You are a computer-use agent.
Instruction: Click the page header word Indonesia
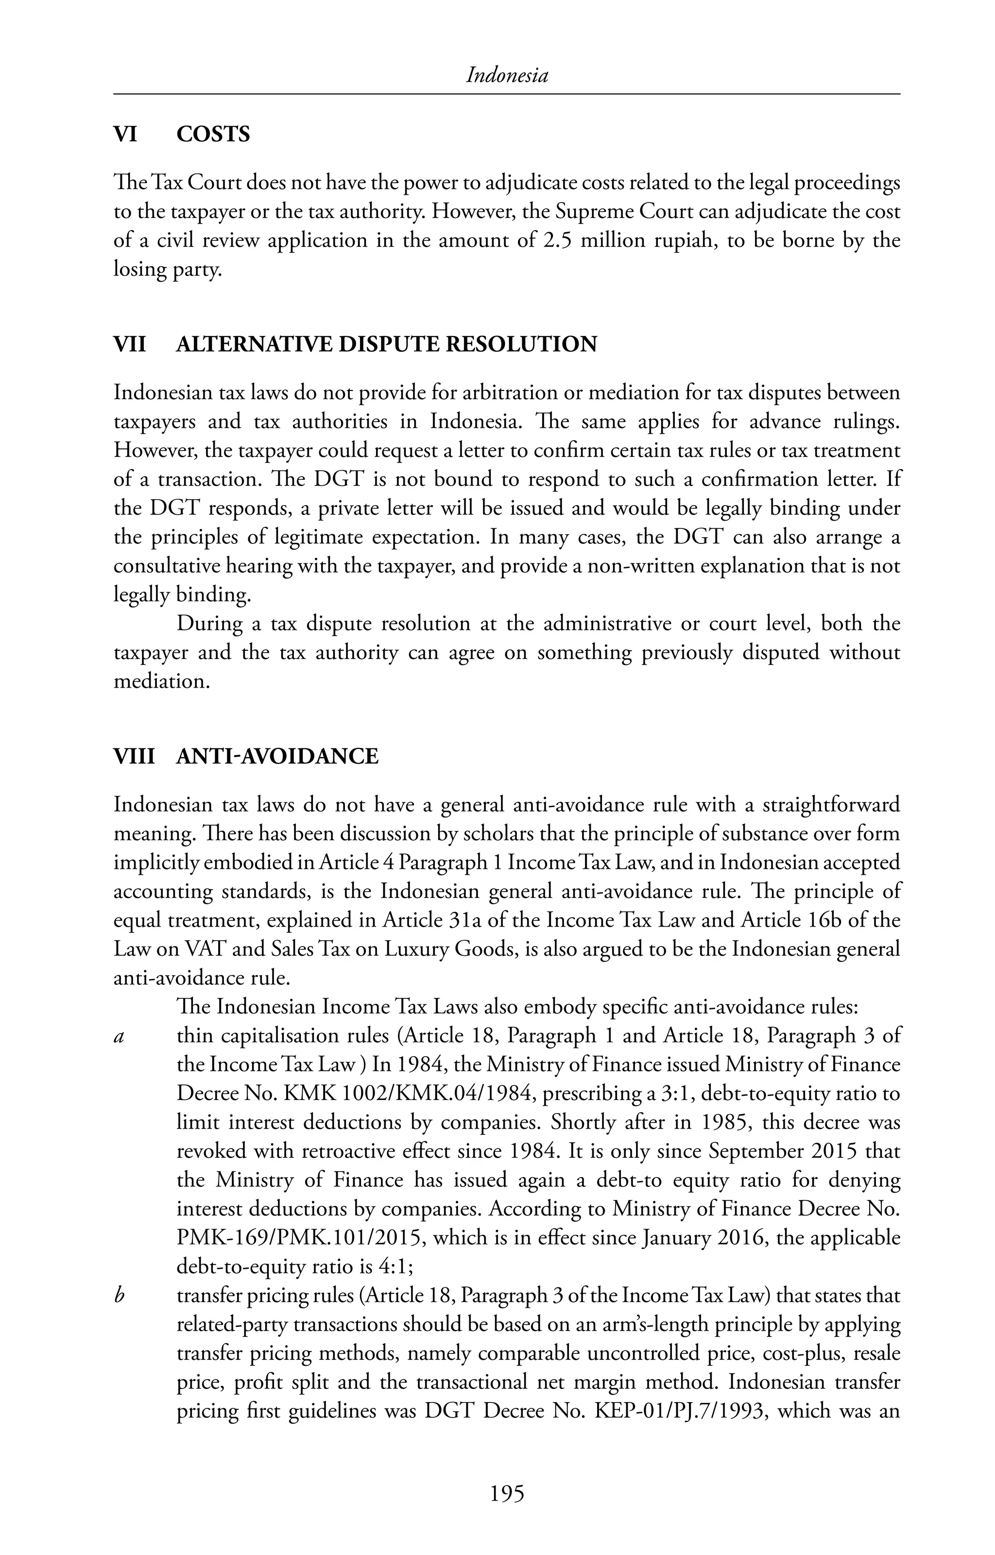click(x=507, y=76)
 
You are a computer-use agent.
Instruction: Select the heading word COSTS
click(x=213, y=135)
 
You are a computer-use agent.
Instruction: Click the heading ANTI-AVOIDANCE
click(x=277, y=756)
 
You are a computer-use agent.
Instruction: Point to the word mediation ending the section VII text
click(x=161, y=681)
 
